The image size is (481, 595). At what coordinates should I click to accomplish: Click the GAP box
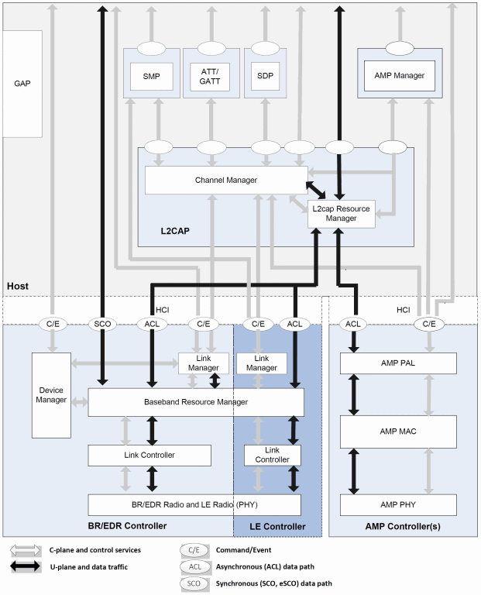point(22,84)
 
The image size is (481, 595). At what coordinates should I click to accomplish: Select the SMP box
point(151,76)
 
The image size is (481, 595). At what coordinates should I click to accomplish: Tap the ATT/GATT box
point(209,77)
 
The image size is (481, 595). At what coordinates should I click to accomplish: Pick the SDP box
point(265,76)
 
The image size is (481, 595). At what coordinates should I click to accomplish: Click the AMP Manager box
point(400,75)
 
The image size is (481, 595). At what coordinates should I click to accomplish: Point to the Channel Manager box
point(226,181)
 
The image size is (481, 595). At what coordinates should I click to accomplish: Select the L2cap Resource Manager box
point(341,214)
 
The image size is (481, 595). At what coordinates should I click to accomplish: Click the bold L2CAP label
point(175,231)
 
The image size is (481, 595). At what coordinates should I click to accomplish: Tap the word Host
point(18,286)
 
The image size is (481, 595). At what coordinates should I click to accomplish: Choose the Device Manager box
point(51,395)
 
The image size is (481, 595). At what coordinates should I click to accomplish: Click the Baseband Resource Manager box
point(196,402)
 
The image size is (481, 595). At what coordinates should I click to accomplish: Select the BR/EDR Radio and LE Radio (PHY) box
point(194,504)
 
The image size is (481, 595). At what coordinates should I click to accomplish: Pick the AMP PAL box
point(398,363)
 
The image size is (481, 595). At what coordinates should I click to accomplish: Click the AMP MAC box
point(398,432)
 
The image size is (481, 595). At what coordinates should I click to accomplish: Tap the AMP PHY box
point(398,504)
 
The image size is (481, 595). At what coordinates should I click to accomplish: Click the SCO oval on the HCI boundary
point(102,324)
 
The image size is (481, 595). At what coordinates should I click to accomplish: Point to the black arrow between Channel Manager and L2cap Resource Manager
point(315,190)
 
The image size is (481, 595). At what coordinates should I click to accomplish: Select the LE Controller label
point(277,527)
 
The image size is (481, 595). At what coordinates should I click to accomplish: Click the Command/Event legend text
point(243,550)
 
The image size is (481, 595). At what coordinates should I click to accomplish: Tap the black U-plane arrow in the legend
point(25,566)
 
